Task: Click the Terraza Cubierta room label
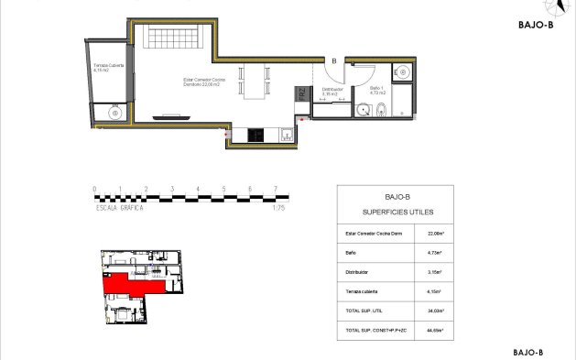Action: click(110, 68)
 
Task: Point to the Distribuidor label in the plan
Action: click(331, 92)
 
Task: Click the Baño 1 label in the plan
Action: click(377, 91)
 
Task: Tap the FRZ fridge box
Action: click(300, 94)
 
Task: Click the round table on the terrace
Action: click(115, 113)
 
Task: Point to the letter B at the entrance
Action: click(334, 62)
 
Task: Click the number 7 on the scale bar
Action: click(275, 189)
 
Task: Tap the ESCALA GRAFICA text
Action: click(121, 208)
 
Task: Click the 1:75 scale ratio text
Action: click(279, 208)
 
